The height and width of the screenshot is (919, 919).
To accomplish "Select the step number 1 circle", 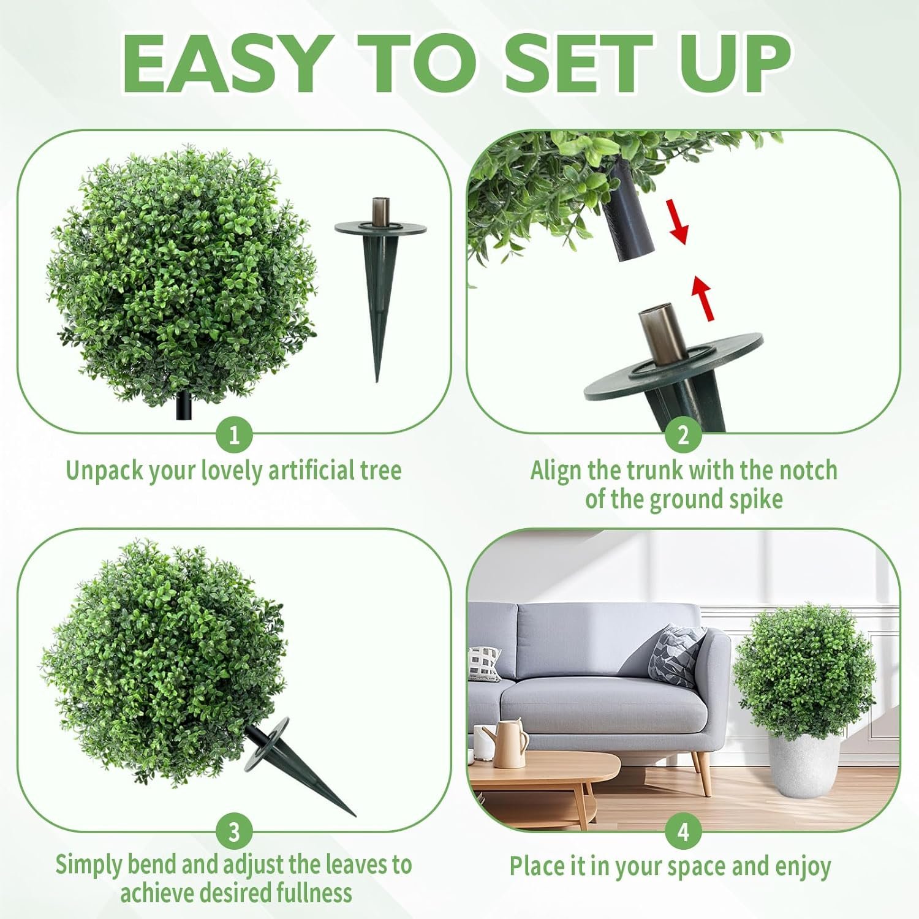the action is tap(235, 436).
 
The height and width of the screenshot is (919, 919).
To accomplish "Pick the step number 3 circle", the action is tap(235, 833).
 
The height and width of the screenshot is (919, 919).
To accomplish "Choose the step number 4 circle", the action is tap(683, 833).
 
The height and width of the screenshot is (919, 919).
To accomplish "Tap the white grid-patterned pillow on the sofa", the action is tap(485, 664).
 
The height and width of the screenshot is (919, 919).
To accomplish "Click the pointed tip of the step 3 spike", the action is tap(355, 816).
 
